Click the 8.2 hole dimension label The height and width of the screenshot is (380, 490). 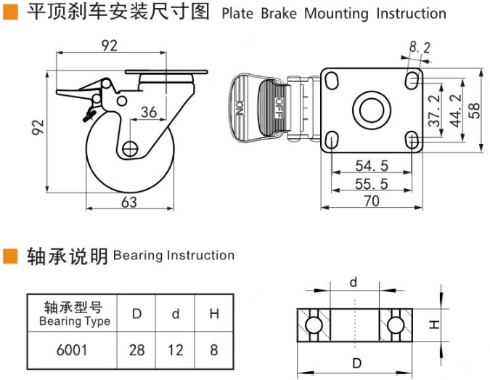coord(420,48)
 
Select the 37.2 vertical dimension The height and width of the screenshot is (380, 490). coord(434,111)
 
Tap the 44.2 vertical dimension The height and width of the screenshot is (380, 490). coord(456,111)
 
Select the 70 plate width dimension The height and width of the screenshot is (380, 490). coord(371,201)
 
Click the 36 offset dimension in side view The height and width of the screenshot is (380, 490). coord(148,112)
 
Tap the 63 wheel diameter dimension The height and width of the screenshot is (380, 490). coord(128,203)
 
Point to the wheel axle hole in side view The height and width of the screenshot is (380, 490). coord(130,148)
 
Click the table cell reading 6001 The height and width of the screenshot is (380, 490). coord(72,350)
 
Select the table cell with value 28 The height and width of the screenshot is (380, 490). coord(136,350)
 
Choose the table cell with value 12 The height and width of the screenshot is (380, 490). coord(175,350)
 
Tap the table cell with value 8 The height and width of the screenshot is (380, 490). coord(213,350)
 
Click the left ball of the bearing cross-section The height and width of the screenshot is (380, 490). coord(313,324)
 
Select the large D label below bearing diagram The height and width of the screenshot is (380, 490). coord(355,363)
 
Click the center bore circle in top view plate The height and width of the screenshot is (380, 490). coord(371,110)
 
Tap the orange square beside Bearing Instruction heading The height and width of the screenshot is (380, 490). coord(9,255)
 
